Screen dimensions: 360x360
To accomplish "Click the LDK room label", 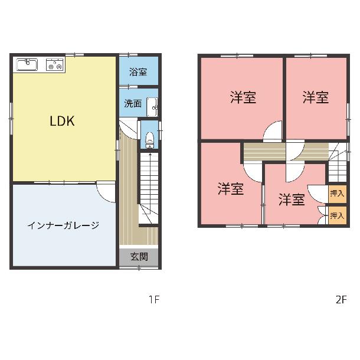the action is click(x=62, y=121).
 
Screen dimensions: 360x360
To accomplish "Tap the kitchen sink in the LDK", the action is click(x=27, y=64).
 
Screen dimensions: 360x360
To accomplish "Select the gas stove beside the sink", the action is click(x=55, y=64).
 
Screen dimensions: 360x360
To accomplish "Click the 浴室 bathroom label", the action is click(x=138, y=72).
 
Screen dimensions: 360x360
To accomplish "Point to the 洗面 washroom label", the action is click(x=133, y=103).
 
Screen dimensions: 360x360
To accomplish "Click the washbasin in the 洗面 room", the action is click(x=152, y=107).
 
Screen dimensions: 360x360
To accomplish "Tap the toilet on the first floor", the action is click(x=150, y=140).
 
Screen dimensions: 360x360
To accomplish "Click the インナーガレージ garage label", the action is click(x=63, y=225).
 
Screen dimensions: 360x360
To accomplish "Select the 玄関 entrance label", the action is click(x=139, y=257).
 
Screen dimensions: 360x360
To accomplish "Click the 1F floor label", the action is click(x=154, y=299).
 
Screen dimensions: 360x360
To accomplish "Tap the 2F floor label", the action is click(x=341, y=299).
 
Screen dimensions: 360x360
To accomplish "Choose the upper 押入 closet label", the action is click(x=337, y=194).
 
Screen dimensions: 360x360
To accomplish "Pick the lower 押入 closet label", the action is click(x=337, y=215).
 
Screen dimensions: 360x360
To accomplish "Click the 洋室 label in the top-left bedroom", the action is click(x=243, y=97).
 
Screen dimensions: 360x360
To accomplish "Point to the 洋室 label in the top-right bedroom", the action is click(x=316, y=97).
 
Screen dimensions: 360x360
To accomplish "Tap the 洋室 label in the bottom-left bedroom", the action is click(x=231, y=189).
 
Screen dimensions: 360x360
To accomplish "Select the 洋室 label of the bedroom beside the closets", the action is click(x=292, y=199).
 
